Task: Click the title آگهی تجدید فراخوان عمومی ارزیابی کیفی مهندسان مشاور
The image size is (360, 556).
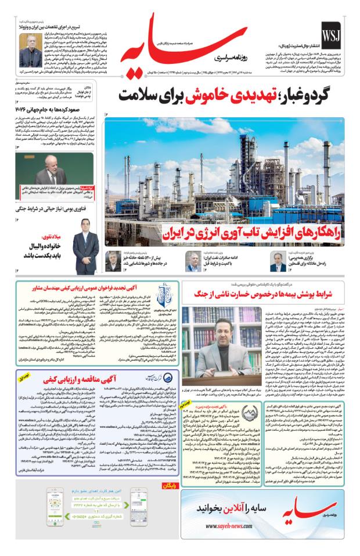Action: pos(84,288)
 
